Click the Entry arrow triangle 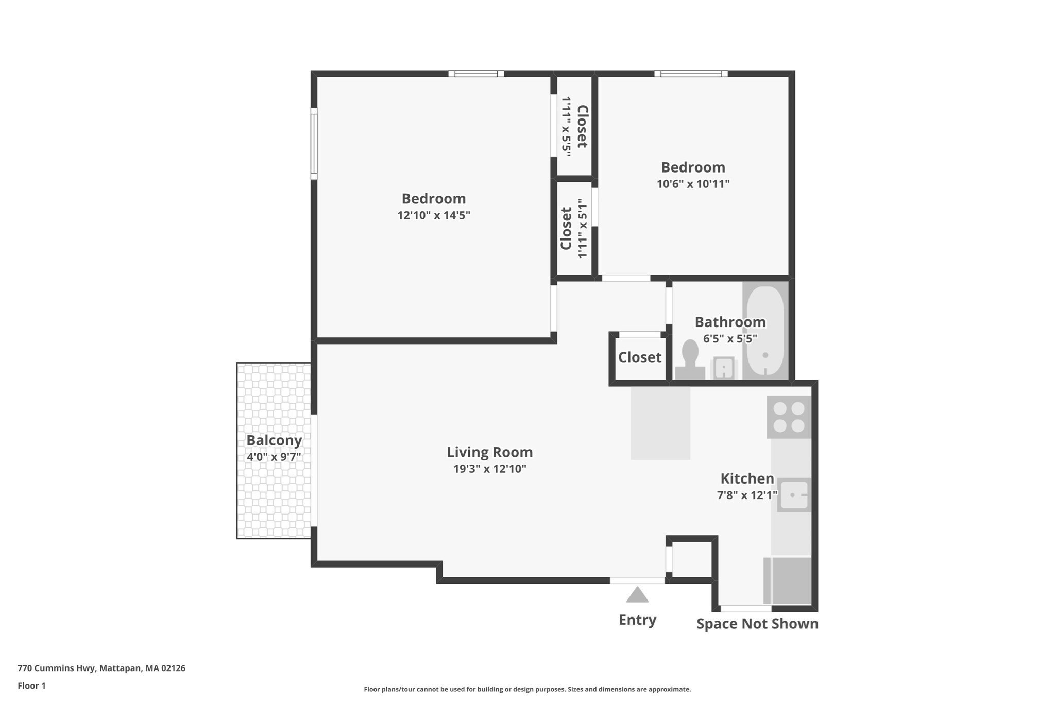[637, 595]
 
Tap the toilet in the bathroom [690, 360]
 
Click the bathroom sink [724, 368]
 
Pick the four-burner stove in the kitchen [789, 417]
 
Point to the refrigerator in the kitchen [787, 580]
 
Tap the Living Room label [489, 452]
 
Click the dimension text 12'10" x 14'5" [434, 215]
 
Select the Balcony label [274, 441]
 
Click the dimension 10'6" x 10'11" [693, 184]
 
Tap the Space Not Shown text [757, 624]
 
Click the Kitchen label [747, 479]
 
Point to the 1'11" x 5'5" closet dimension [567, 126]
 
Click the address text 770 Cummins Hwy [56, 668]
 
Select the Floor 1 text [31, 685]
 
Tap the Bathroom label [730, 322]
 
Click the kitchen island [660, 423]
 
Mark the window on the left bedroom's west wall [314, 143]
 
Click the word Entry [637, 620]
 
